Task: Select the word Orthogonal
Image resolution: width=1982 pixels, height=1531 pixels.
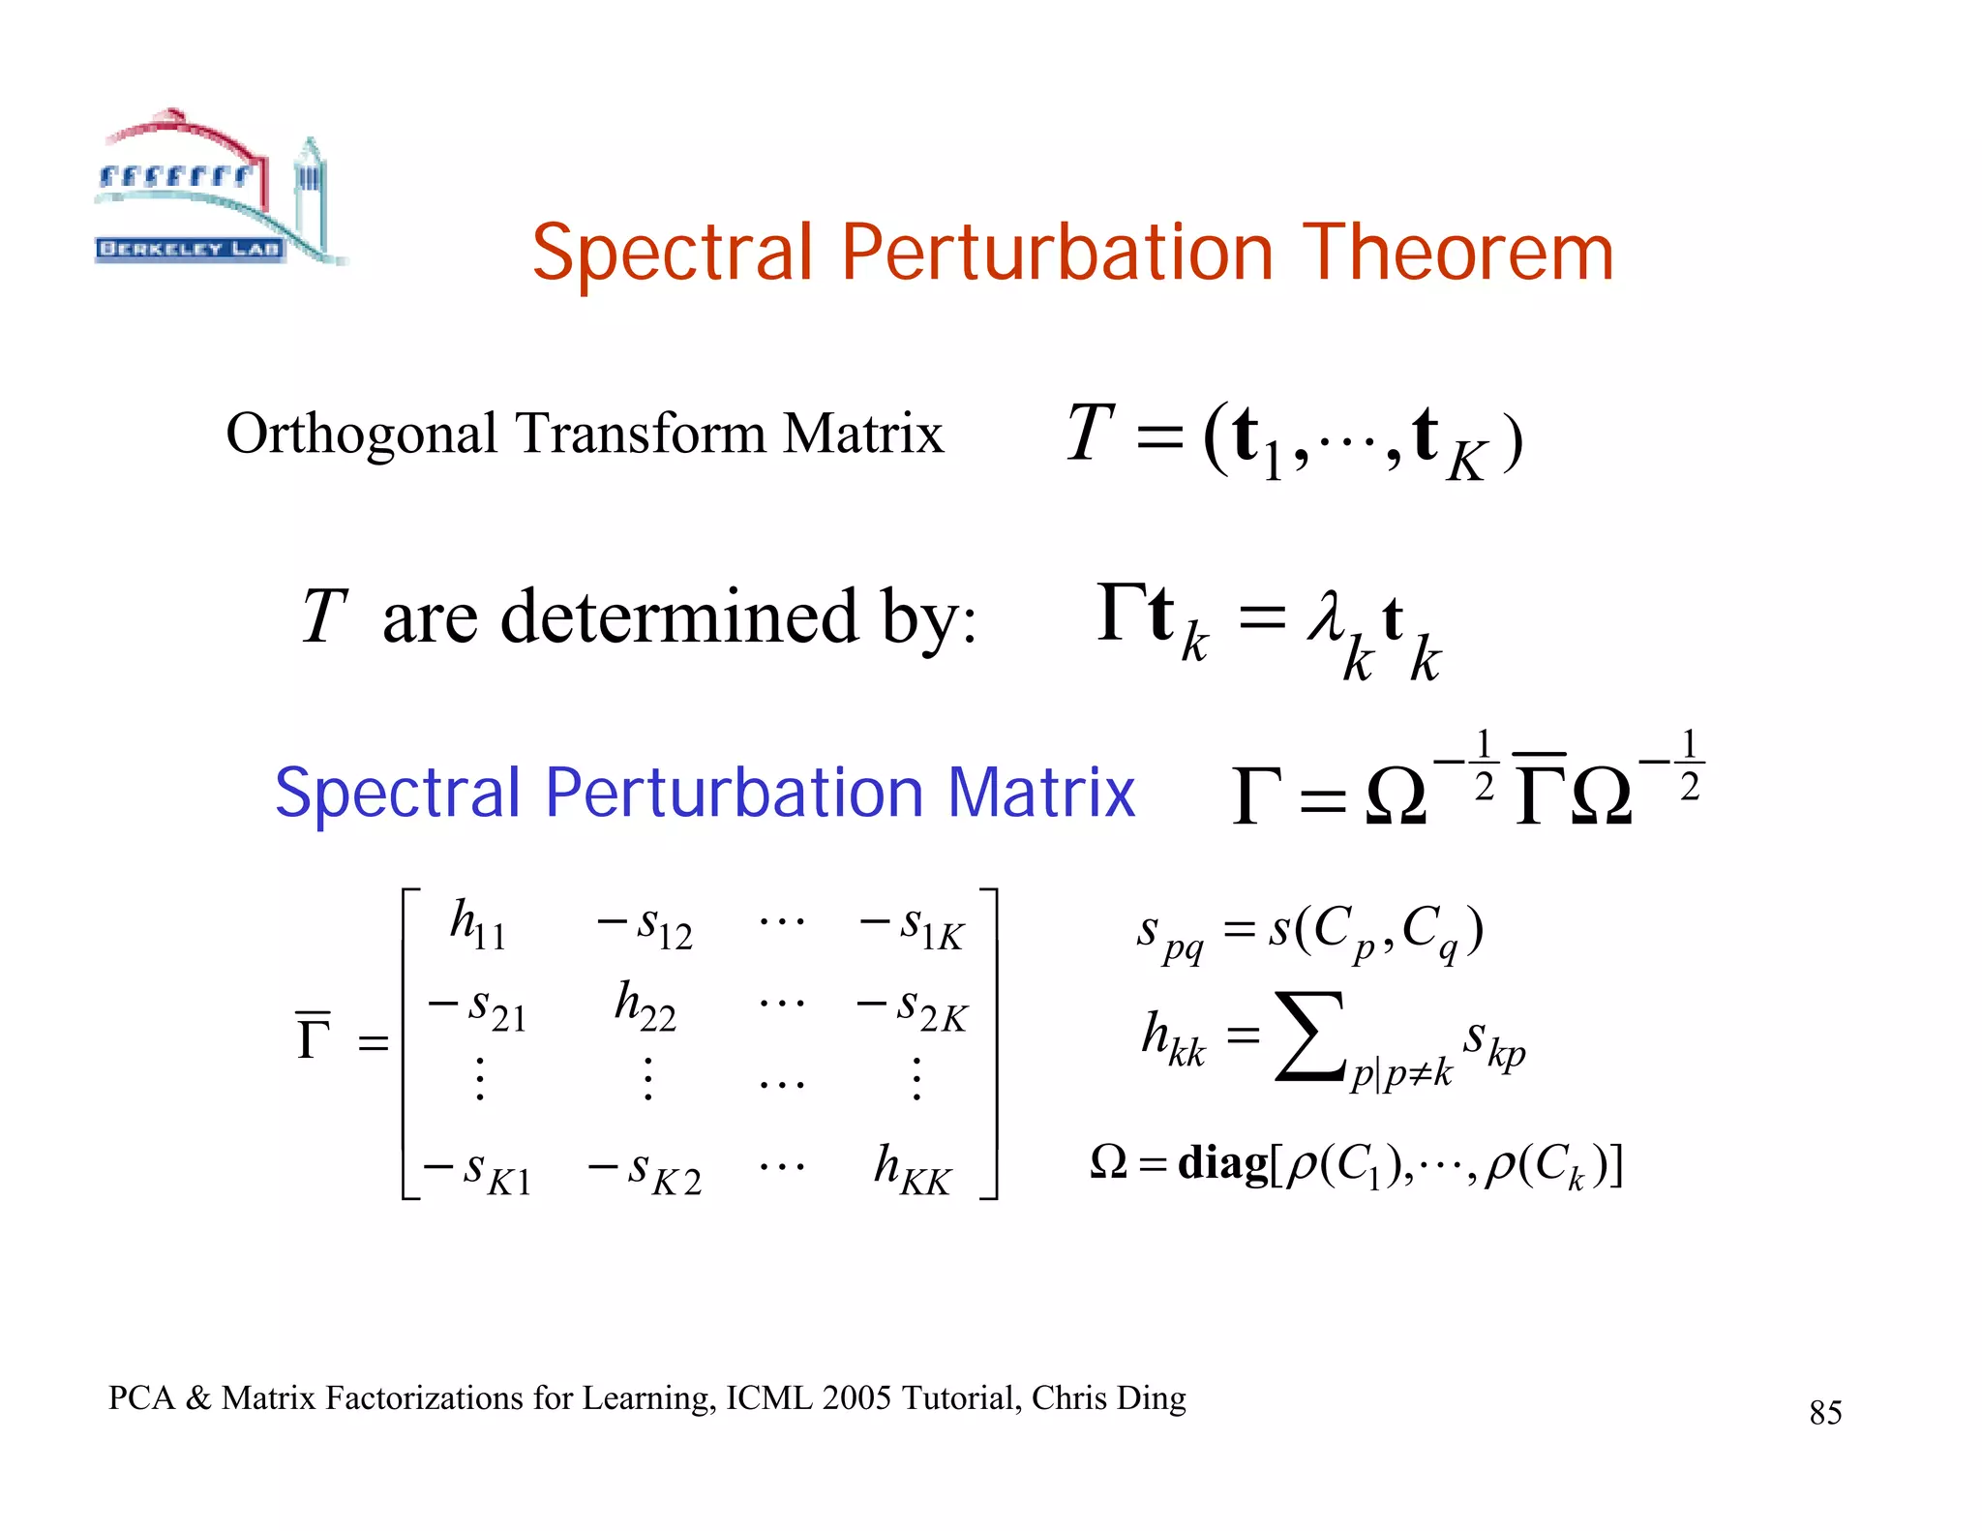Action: pyautogui.click(x=361, y=434)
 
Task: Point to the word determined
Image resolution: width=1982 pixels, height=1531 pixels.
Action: pyautogui.click(x=678, y=616)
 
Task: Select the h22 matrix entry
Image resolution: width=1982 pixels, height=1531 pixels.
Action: pyautogui.click(x=645, y=1006)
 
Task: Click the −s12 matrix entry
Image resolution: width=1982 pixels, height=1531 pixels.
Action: pyautogui.click(x=645, y=925)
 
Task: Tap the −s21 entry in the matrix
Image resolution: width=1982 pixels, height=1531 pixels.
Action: pyautogui.click(x=478, y=1007)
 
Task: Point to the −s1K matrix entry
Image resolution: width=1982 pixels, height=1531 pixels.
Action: pyautogui.click(x=912, y=925)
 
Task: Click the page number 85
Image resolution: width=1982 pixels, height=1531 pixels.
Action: pyautogui.click(x=1825, y=1413)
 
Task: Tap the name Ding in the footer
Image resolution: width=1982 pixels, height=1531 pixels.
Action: pyautogui.click(x=1151, y=1398)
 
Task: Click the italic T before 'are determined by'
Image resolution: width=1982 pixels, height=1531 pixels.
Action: pyautogui.click(x=324, y=616)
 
